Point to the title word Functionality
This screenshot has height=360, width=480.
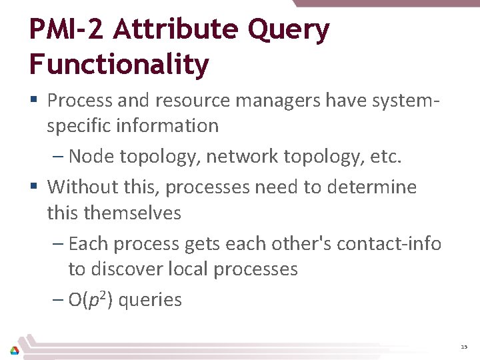click(x=119, y=65)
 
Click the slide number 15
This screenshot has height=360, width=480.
click(x=464, y=347)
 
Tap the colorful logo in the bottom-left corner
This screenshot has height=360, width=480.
click(x=15, y=349)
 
